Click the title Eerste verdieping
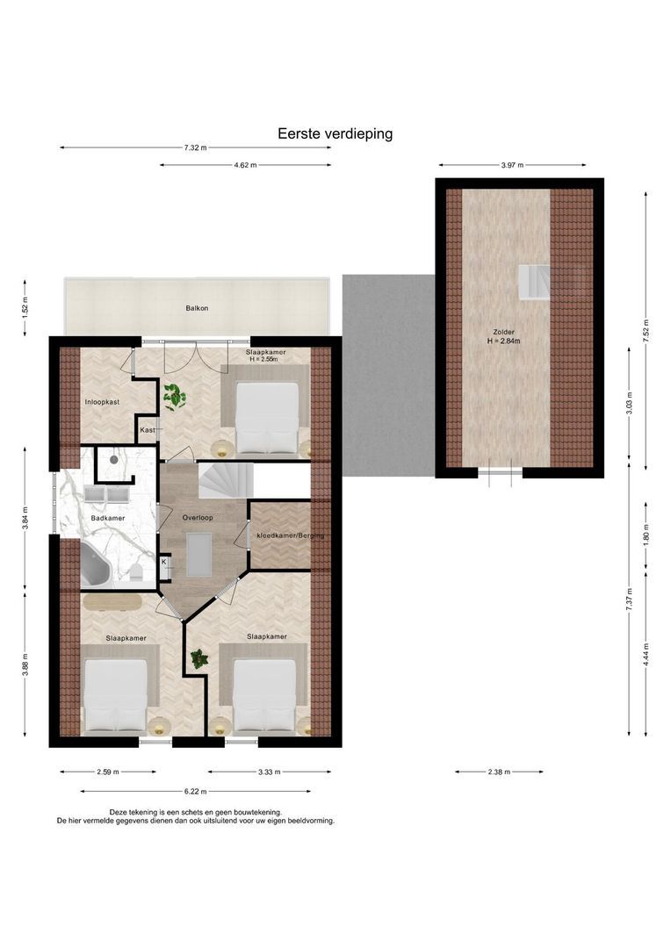(335, 133)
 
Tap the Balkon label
(197, 308)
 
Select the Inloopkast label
(102, 402)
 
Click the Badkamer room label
(108, 518)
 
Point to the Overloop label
(198, 518)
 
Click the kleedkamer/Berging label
(291, 535)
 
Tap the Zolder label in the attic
(503, 332)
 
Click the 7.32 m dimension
(196, 147)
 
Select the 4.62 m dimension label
(245, 164)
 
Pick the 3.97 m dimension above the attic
(512, 164)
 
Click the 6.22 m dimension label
(196, 791)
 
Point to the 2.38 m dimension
(499, 772)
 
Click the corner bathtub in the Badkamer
(97, 564)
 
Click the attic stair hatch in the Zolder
(533, 282)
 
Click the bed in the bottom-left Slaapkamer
(116, 696)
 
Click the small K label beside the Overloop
(164, 562)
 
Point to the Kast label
(148, 430)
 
